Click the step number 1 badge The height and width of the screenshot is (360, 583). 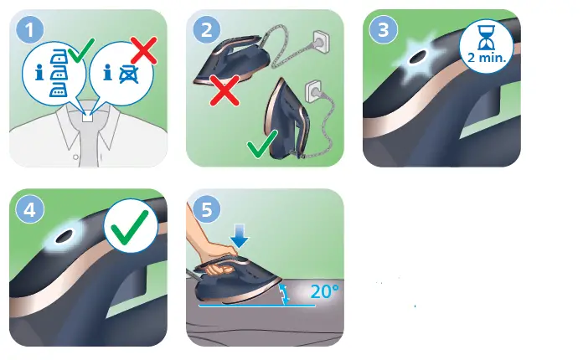tap(31, 31)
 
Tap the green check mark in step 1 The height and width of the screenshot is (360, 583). tap(80, 56)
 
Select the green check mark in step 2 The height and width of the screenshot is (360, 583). tap(264, 148)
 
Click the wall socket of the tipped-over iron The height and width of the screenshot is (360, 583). tap(320, 39)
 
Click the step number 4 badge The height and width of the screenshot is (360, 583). tap(31, 209)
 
